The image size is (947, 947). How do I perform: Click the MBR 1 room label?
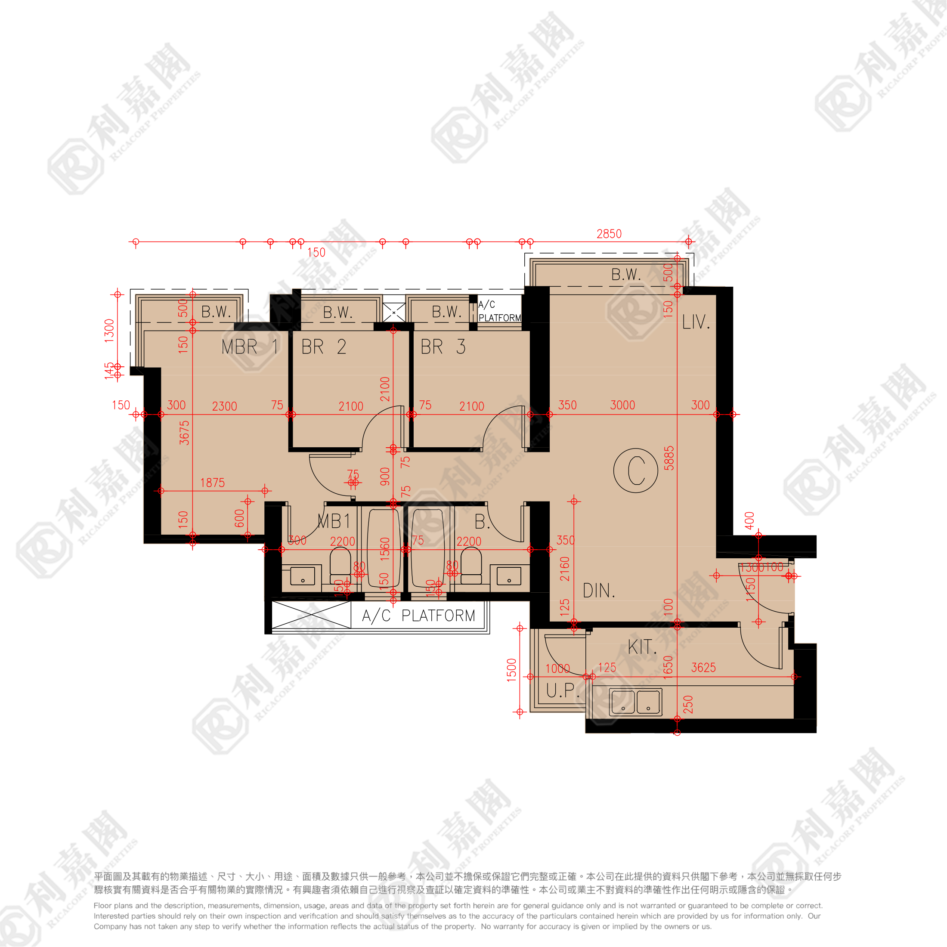pos(250,347)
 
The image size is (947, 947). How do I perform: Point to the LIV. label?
pos(696,322)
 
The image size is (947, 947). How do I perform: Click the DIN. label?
pos(598,591)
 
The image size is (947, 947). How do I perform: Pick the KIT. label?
pos(642,647)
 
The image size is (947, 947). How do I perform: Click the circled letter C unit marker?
pos(636,470)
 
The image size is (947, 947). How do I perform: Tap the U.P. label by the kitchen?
pos(562,690)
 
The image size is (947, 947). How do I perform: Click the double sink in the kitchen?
pos(636,702)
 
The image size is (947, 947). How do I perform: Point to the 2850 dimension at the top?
pos(609,234)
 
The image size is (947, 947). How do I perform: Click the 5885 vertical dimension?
pos(669,458)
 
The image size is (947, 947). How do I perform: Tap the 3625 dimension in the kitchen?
pos(703,668)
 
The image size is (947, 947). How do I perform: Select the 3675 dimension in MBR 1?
pos(184,432)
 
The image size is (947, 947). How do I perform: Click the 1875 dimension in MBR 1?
pos(212,483)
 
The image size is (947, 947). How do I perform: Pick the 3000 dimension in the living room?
pos(622,405)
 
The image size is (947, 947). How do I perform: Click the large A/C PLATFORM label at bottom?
pos(418,616)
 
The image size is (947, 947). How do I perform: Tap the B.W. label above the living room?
pos(626,275)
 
